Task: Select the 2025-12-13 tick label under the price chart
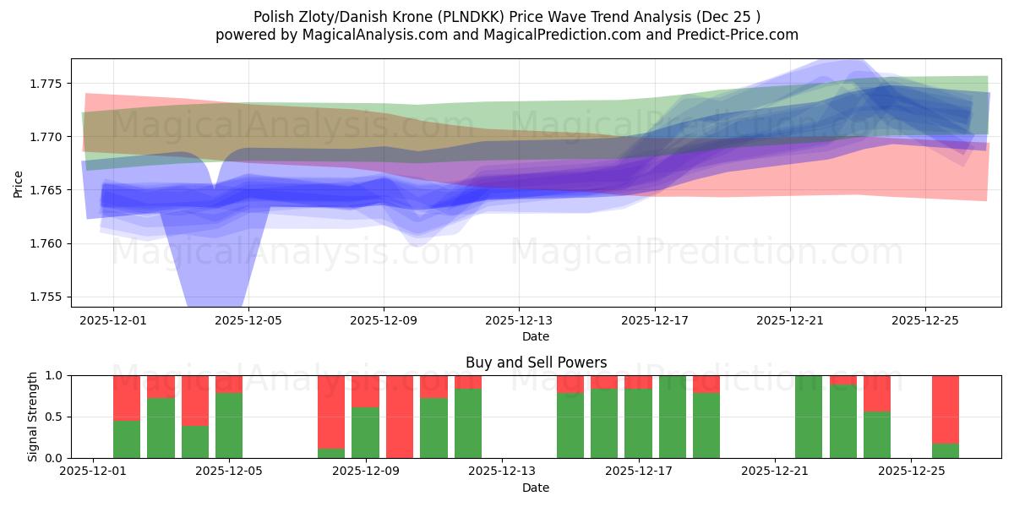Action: tap(518, 321)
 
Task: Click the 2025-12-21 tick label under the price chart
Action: tap(789, 321)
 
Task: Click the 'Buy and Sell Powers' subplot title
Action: tap(536, 363)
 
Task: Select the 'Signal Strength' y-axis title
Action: tap(33, 417)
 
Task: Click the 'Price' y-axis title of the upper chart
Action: tap(19, 183)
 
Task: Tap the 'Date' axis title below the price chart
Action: tap(536, 336)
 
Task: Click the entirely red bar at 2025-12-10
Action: tap(400, 417)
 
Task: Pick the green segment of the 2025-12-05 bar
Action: tap(229, 425)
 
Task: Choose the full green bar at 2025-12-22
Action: tap(809, 417)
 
